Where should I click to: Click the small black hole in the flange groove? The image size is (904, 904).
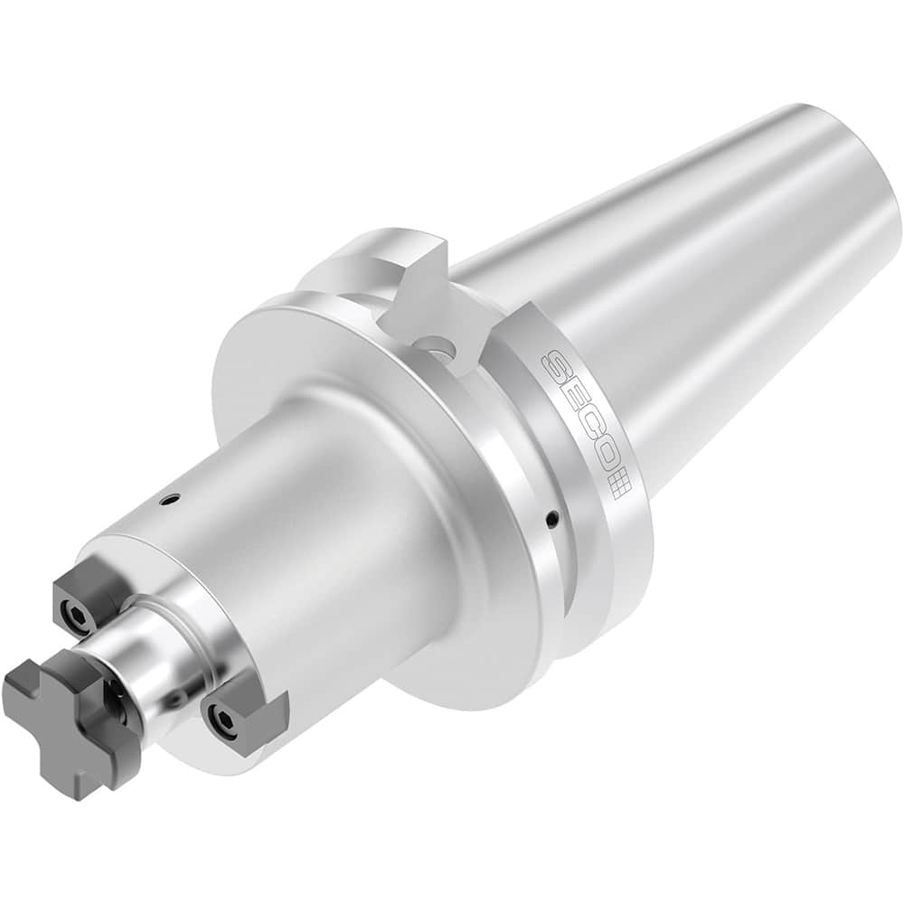click(x=552, y=518)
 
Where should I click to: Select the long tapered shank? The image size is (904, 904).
click(x=687, y=298)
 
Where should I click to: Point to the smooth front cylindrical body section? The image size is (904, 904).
click(x=298, y=542)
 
